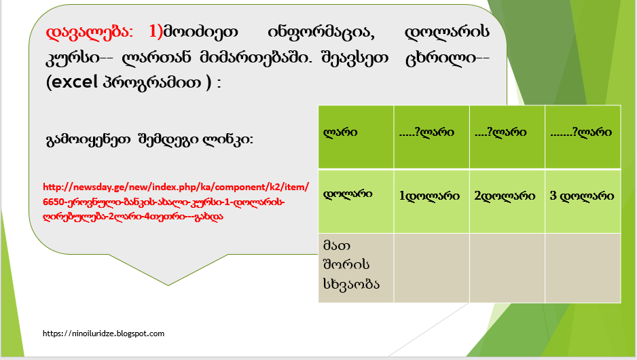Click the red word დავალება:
point(90,32)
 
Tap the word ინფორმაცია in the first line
point(321,32)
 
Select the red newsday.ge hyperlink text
point(176,202)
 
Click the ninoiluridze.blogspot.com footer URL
point(104,334)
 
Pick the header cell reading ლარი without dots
point(356,137)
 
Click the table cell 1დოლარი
point(431,202)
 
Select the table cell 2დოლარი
point(507,202)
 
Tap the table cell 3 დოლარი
point(583,202)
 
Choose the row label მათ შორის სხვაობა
point(351,264)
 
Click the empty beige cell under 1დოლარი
point(431,268)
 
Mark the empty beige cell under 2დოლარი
point(507,268)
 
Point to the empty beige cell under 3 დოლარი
point(583,268)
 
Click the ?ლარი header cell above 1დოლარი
point(431,137)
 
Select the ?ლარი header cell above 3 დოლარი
point(583,137)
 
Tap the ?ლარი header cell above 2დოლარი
point(507,137)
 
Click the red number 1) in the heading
point(156,32)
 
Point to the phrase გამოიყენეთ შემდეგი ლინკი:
point(149,140)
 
